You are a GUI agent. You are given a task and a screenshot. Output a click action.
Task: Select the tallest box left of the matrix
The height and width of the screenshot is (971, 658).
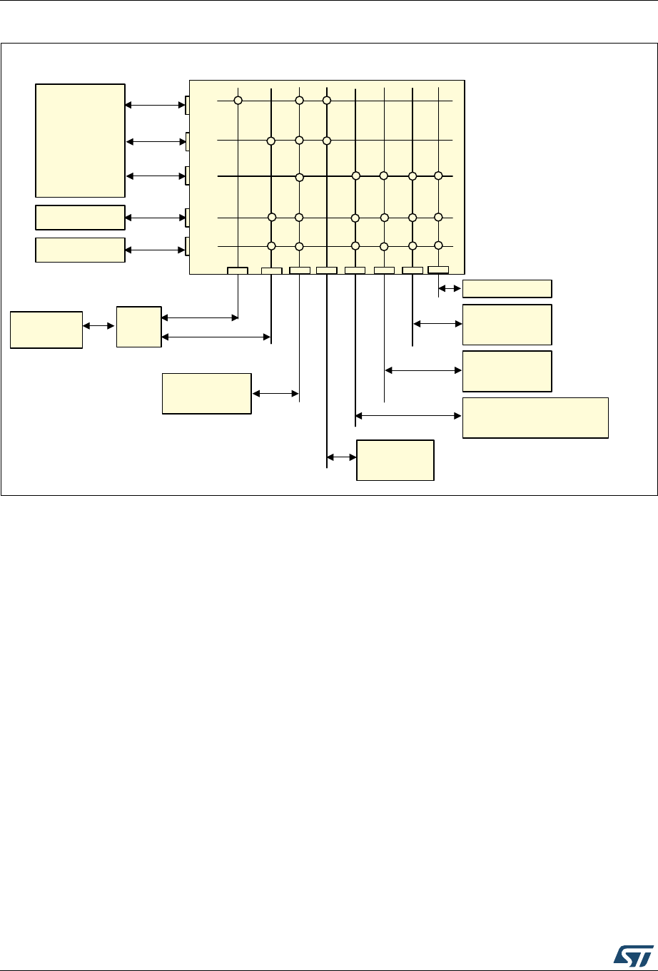pyautogui.click(x=80, y=140)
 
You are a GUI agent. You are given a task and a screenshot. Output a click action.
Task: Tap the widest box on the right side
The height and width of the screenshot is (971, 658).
pyautogui.click(x=535, y=417)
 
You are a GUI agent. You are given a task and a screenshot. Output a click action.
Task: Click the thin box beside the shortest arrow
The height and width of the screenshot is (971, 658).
pyautogui.click(x=507, y=288)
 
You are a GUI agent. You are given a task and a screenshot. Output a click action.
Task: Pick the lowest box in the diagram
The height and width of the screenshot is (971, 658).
pyautogui.click(x=395, y=460)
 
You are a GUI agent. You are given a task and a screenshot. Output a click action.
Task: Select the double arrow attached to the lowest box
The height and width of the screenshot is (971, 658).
pyautogui.click(x=341, y=457)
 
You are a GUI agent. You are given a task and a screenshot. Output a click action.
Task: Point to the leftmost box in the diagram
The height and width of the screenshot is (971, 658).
pyautogui.click(x=46, y=329)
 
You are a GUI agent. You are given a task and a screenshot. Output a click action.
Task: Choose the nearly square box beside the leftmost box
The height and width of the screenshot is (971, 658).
pyautogui.click(x=138, y=327)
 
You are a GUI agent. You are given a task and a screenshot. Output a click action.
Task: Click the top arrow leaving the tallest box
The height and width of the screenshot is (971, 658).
pyautogui.click(x=155, y=106)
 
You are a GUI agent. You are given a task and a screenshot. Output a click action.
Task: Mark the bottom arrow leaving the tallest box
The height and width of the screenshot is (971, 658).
pyautogui.click(x=155, y=176)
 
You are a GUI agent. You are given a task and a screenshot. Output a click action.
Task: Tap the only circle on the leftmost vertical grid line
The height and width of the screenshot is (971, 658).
pyautogui.click(x=238, y=101)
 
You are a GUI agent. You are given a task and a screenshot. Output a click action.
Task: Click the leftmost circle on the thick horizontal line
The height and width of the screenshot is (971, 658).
pyautogui.click(x=300, y=176)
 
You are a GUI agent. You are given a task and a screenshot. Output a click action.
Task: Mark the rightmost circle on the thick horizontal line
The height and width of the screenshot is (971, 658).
pyautogui.click(x=439, y=176)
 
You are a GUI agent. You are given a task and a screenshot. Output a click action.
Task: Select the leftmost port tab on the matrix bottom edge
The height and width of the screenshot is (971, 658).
pyautogui.click(x=237, y=270)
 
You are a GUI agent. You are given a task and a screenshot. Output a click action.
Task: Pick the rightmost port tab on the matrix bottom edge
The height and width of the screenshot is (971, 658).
pyautogui.click(x=438, y=269)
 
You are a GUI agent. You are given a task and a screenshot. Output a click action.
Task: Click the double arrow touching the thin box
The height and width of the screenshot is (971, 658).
pyautogui.click(x=450, y=288)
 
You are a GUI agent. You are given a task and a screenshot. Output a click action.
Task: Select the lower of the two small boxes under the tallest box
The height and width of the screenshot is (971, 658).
pyautogui.click(x=80, y=250)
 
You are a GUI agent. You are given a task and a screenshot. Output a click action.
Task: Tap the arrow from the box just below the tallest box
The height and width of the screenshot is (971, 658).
pyautogui.click(x=155, y=216)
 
